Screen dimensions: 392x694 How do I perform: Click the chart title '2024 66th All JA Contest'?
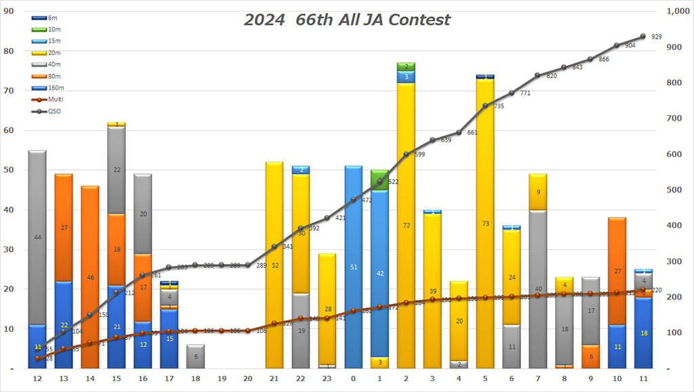(x=346, y=20)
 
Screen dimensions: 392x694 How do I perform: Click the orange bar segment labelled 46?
(x=89, y=277)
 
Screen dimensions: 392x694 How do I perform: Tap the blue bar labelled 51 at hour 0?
(x=353, y=267)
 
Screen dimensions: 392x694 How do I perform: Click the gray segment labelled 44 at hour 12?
(x=37, y=237)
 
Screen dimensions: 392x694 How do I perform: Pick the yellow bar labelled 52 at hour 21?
(x=274, y=265)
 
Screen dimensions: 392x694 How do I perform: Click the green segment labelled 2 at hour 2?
(x=406, y=66)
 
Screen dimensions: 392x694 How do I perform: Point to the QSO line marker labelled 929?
(x=643, y=37)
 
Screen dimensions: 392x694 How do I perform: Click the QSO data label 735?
(x=499, y=106)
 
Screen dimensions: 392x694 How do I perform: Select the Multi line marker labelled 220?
(x=643, y=290)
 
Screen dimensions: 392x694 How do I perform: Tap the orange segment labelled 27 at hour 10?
(x=617, y=271)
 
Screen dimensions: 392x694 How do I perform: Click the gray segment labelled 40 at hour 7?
(x=538, y=289)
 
